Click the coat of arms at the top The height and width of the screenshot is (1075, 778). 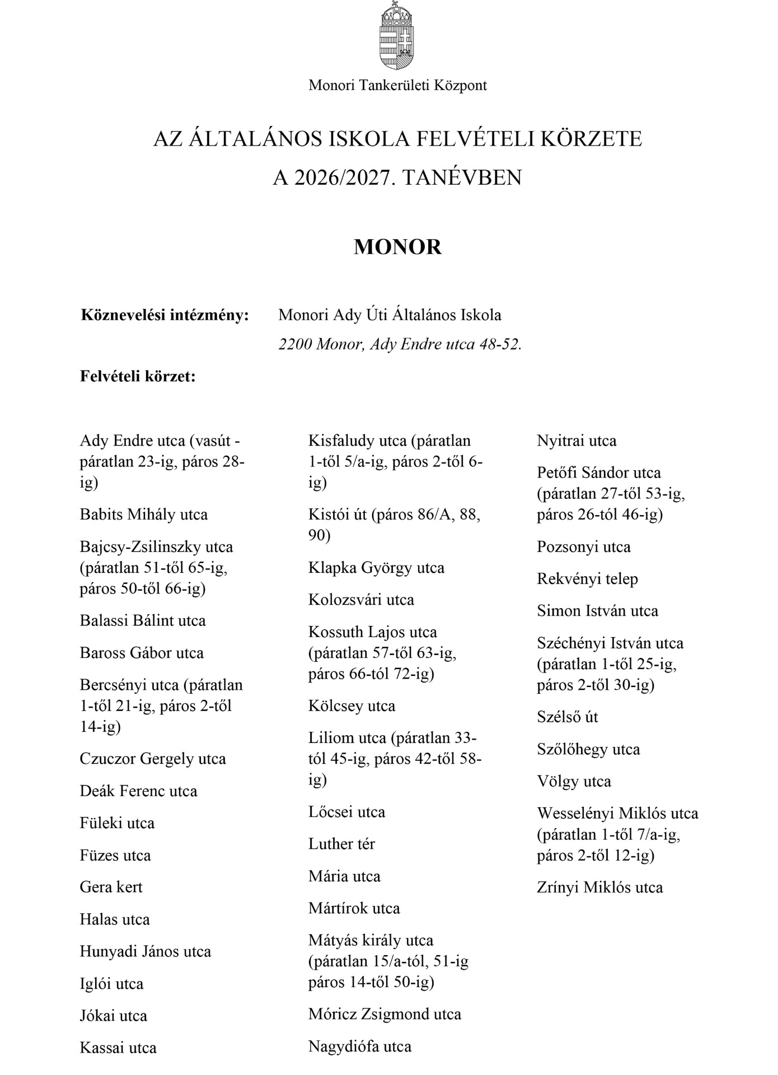[397, 36]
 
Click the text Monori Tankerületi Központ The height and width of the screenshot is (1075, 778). [397, 86]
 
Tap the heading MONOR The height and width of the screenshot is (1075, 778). [397, 247]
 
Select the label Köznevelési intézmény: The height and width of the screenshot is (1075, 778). [165, 315]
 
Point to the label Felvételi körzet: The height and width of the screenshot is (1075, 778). [138, 376]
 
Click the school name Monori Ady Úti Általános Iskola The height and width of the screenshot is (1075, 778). [390, 315]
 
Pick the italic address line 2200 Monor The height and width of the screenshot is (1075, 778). [400, 344]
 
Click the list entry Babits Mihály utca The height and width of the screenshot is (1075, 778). [144, 515]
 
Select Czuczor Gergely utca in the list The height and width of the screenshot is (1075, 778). [153, 759]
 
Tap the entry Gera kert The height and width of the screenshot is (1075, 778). [111, 887]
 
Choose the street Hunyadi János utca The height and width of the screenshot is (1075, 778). [146, 952]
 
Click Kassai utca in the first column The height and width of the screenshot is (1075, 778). [118, 1048]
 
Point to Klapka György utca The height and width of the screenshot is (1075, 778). [376, 568]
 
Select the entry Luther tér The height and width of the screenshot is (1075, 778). [341, 844]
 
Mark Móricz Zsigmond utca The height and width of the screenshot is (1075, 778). [385, 1015]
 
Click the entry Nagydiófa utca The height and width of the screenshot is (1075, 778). [359, 1046]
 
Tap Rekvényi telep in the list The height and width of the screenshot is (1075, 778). [587, 579]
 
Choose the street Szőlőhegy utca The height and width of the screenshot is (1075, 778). [588, 750]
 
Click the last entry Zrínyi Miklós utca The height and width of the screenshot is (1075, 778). [599, 887]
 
